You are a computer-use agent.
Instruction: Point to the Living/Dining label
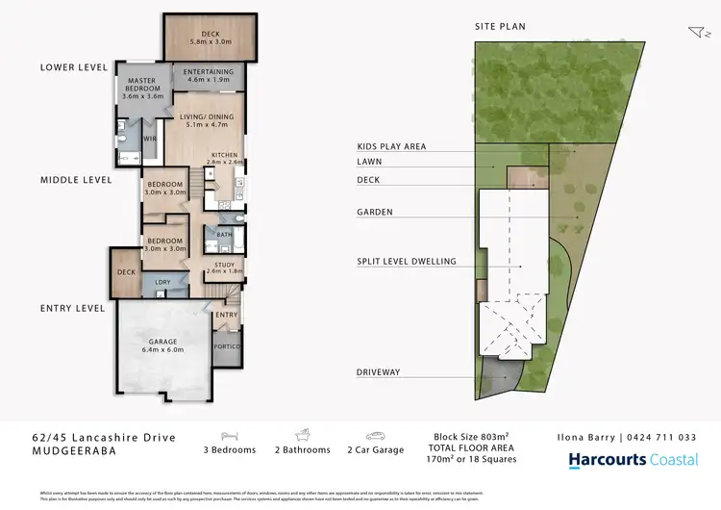pos(204,118)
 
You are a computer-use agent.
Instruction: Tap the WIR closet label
pos(150,137)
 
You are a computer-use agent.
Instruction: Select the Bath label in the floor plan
pos(224,234)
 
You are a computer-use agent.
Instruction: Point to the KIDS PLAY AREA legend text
pos(390,146)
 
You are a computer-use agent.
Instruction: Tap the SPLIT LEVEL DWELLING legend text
pos(405,261)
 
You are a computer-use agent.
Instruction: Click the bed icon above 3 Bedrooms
pos(230,436)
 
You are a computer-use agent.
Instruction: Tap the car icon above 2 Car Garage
pos(370,436)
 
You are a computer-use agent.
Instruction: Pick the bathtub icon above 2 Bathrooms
pos(300,436)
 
